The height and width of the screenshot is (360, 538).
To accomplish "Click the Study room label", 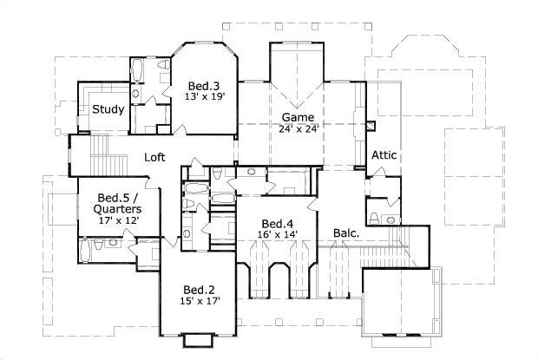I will click(108, 109).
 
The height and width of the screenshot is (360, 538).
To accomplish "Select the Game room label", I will click(299, 117).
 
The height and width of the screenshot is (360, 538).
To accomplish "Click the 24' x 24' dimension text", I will click(299, 128).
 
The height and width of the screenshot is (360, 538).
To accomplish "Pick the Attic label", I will click(384, 155).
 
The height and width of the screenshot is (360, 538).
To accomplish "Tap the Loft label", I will click(154, 157).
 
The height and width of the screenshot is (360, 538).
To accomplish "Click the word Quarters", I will click(114, 209).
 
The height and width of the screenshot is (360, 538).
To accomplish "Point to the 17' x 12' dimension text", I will click(114, 220).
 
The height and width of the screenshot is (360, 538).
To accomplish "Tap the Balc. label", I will click(347, 232).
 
